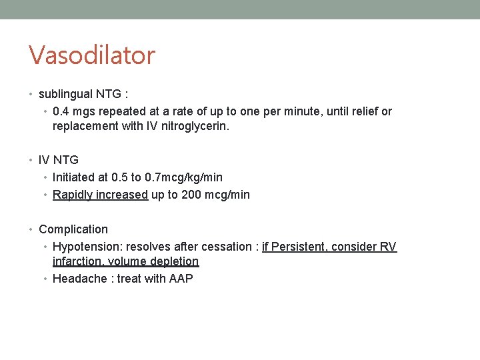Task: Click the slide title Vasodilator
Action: point(91,55)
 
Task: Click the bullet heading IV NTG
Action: point(59,160)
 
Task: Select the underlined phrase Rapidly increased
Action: point(100,195)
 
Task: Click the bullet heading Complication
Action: point(73,229)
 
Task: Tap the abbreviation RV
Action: point(388,247)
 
